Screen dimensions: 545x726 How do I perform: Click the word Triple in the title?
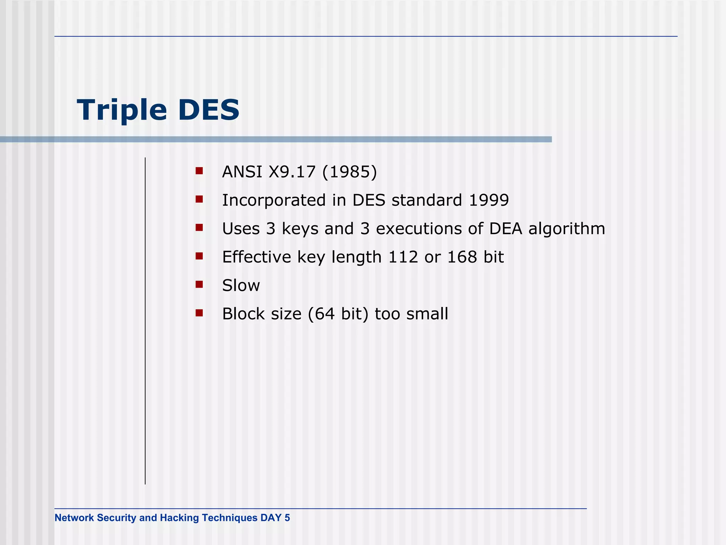[x=122, y=110]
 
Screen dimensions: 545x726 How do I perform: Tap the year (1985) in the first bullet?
[x=350, y=172]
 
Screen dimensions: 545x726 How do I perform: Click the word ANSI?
[x=242, y=172]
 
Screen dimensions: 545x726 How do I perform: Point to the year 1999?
[x=488, y=200]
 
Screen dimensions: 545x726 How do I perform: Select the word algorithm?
[x=566, y=229]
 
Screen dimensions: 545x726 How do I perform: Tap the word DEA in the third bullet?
[x=506, y=229]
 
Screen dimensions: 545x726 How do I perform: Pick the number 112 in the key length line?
[x=403, y=257]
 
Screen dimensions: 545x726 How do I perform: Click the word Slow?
[x=241, y=286]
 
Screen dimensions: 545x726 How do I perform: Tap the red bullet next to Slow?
[x=199, y=284]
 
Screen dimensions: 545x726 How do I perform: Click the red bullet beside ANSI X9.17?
[x=199, y=171]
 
